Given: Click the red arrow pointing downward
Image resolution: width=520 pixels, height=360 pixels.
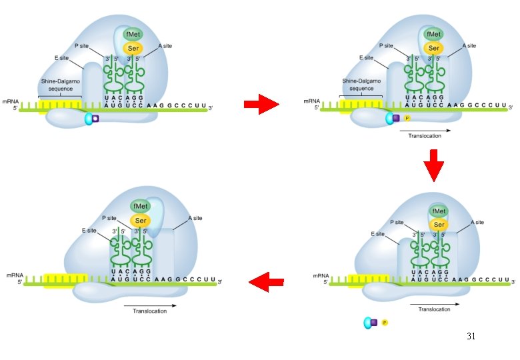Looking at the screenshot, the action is (x=433, y=165).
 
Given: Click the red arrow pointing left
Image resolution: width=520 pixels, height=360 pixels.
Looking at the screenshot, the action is (x=266, y=282).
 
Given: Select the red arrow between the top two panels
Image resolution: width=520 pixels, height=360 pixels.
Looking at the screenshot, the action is (x=261, y=104).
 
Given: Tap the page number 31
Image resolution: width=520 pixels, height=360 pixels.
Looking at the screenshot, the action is (x=471, y=336).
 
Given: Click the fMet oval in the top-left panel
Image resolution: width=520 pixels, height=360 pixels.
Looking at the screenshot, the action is (x=133, y=34).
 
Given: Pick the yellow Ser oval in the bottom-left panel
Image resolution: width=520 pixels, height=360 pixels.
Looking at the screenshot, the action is (x=141, y=221).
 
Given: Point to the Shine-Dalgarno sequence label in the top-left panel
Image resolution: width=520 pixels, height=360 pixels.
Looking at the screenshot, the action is (x=61, y=85).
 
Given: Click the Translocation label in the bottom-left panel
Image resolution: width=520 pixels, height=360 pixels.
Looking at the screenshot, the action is (x=149, y=311).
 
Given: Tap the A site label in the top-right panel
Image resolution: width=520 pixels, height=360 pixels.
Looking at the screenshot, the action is (x=469, y=46).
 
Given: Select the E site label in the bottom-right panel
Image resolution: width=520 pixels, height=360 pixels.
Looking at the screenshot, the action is (x=378, y=234).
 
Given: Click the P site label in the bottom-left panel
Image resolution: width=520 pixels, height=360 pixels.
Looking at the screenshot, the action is (x=109, y=218).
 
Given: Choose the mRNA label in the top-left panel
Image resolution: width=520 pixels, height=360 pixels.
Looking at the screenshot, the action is (x=11, y=101).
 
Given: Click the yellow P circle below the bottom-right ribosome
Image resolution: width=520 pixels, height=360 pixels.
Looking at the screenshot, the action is (x=385, y=322).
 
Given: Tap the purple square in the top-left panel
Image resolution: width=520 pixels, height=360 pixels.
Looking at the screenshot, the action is (x=95, y=119).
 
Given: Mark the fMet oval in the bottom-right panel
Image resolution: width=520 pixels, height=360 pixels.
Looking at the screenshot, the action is (x=439, y=211).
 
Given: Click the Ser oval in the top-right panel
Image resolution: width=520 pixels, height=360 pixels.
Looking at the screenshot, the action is (x=433, y=48).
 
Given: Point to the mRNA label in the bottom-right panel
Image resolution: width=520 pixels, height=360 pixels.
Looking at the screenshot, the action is (x=321, y=276).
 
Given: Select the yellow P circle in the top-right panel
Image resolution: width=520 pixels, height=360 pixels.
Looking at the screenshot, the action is (x=407, y=118).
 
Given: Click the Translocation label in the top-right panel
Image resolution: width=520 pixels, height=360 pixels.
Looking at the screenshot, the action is (x=425, y=135).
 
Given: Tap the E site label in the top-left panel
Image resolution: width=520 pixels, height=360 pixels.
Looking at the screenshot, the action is (x=62, y=58).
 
